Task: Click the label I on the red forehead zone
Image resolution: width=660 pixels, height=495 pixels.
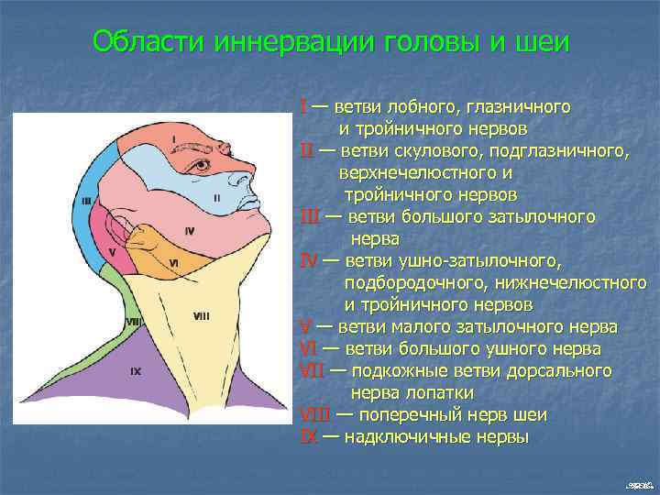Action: (173, 139)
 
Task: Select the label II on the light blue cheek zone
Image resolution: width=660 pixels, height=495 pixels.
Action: (216, 197)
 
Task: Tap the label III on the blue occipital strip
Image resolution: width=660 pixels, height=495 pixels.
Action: (86, 201)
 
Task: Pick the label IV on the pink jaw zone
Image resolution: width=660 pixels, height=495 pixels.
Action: (189, 231)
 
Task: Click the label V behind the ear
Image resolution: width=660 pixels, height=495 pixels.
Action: (111, 251)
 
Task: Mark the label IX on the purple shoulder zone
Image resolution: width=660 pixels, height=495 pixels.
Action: (135, 371)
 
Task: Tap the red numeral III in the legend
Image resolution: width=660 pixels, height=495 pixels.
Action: (310, 217)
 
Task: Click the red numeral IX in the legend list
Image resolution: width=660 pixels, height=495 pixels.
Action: (309, 437)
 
